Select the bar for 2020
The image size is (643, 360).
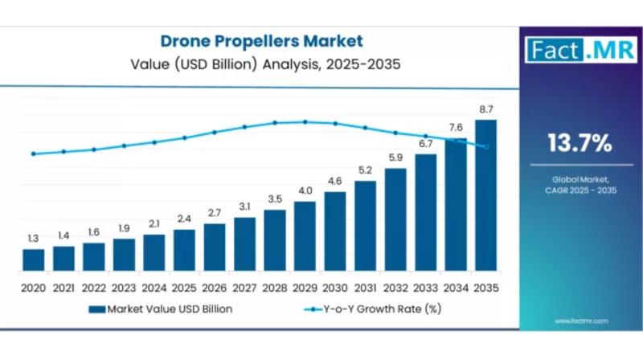(x=34, y=260)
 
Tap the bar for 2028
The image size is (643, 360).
(x=275, y=239)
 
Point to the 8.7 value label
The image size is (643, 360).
(x=485, y=108)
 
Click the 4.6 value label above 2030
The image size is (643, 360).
(x=334, y=181)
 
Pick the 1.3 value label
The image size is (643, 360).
(x=34, y=238)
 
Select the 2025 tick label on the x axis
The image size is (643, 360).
(x=184, y=287)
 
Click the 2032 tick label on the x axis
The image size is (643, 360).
(x=395, y=287)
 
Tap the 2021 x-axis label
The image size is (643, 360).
(x=63, y=287)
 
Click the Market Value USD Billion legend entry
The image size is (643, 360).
(x=166, y=309)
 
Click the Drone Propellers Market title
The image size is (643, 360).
(x=261, y=41)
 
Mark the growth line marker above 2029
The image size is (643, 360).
(x=305, y=122)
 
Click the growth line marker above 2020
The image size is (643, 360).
(x=34, y=153)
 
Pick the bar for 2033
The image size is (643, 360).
(x=425, y=212)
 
